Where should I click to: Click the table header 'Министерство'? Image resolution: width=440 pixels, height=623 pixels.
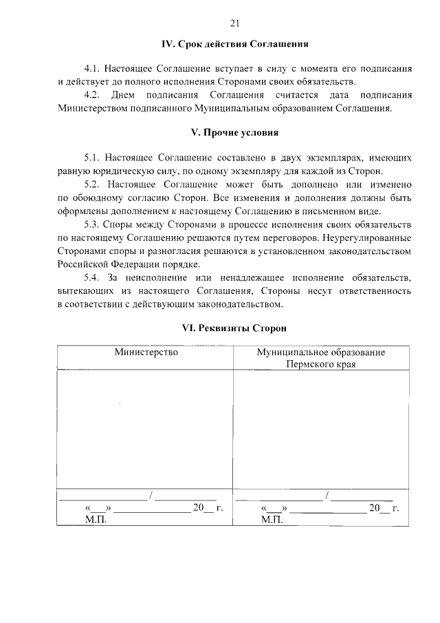point(146,352)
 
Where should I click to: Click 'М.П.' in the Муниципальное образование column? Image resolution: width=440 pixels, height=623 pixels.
point(273,520)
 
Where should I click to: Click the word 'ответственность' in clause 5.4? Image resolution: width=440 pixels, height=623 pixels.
point(370,291)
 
